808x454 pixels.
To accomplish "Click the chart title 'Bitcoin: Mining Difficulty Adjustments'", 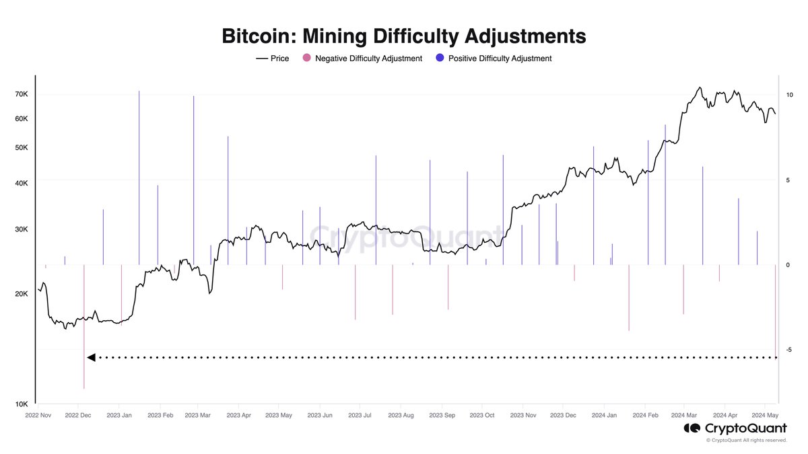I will click(x=404, y=36).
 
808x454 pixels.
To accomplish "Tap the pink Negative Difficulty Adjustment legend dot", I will click(x=307, y=59).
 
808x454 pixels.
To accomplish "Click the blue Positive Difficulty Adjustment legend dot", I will click(x=440, y=59).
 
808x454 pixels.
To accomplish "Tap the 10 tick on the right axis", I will click(x=788, y=95).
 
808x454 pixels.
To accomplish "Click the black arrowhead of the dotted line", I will click(x=91, y=357).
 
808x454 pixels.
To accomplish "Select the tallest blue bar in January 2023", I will click(x=139, y=175).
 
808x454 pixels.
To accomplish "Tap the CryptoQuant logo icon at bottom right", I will click(x=691, y=428).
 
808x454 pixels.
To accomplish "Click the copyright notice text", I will click(x=746, y=441).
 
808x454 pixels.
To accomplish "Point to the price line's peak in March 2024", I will click(x=700, y=87).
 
